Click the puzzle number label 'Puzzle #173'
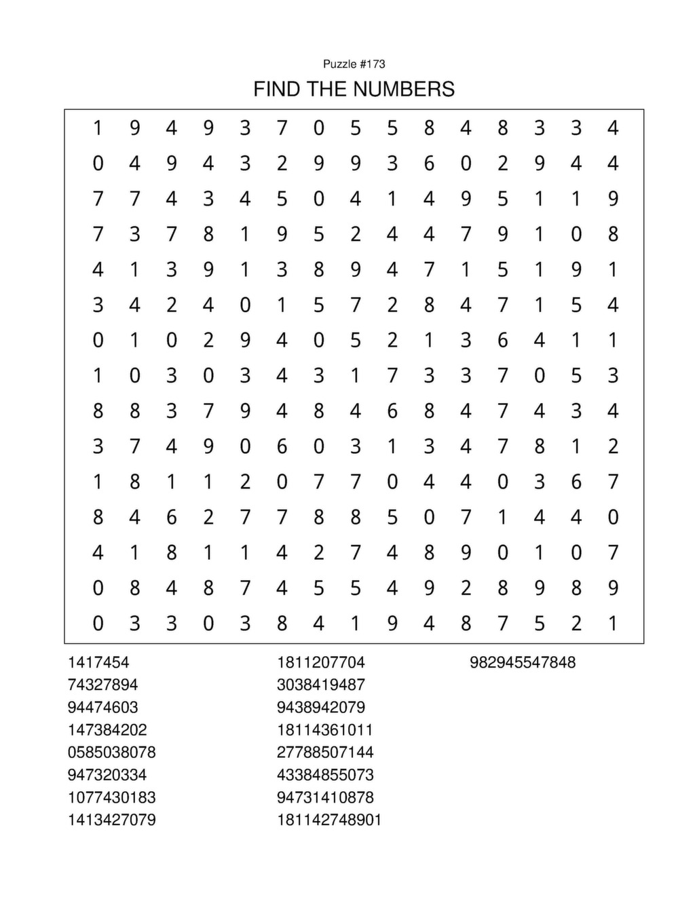click(x=354, y=64)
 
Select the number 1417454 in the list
click(x=98, y=662)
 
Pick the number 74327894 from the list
click(x=102, y=685)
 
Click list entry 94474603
click(x=102, y=707)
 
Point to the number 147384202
click(x=107, y=730)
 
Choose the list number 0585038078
click(x=111, y=752)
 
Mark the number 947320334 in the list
click(x=107, y=775)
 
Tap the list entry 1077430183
click(x=111, y=797)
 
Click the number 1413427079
click(x=111, y=820)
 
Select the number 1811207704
click(x=320, y=662)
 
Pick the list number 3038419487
click(x=320, y=685)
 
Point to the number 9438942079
click(x=320, y=707)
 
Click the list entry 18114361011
click(x=324, y=730)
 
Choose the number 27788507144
click(x=324, y=752)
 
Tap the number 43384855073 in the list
click(x=324, y=775)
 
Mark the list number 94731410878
click(x=324, y=797)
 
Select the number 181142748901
click(x=329, y=820)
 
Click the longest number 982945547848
click(x=522, y=662)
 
